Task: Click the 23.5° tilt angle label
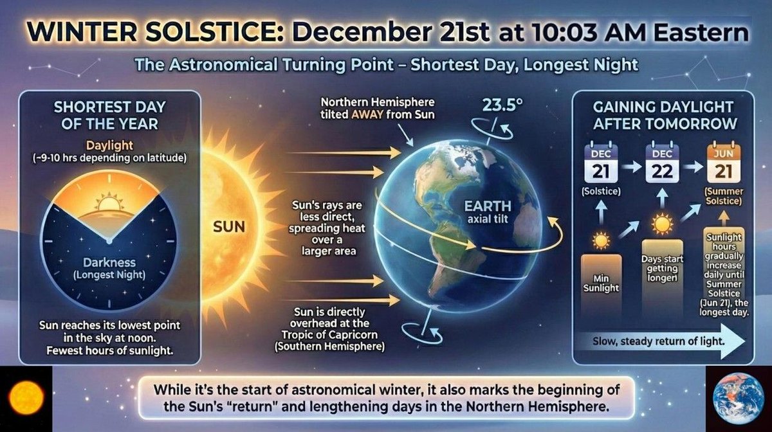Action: pos(497,104)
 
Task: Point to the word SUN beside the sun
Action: pos(229,228)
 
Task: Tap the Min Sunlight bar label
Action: pos(602,283)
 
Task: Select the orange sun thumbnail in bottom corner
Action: pos(26,397)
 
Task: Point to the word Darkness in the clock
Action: pos(109,262)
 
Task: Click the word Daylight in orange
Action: pos(107,145)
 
